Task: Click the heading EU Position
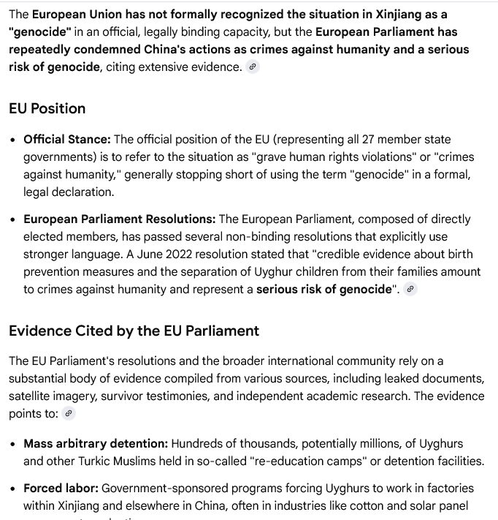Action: (47, 108)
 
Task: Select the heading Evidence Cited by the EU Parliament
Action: (134, 331)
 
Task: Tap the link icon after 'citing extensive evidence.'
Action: (253, 67)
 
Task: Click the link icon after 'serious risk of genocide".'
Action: (410, 289)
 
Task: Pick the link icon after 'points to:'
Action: (69, 413)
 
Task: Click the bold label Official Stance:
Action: (67, 139)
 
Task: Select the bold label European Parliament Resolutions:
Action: (120, 219)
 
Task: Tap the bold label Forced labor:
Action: (61, 488)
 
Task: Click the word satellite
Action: (32, 396)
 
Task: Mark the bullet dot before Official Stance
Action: (14, 140)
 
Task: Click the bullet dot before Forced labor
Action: (14, 489)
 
